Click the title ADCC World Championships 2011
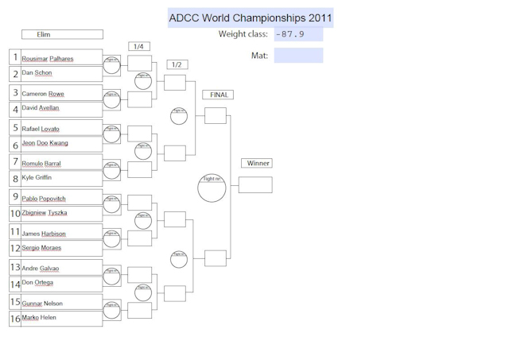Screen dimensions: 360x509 (x=250, y=18)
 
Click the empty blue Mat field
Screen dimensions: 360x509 (x=298, y=56)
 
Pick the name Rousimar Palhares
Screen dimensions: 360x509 (x=47, y=59)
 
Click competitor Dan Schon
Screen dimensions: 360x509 (x=37, y=72)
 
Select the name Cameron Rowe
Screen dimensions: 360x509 (x=43, y=94)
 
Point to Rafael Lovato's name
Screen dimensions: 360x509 (x=41, y=129)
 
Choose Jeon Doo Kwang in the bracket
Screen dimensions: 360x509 (x=45, y=143)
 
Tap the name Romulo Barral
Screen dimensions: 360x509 (x=41, y=164)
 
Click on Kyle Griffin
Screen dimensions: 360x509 (x=37, y=177)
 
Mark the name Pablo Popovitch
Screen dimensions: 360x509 (x=45, y=199)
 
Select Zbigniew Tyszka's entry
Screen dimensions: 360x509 (x=45, y=213)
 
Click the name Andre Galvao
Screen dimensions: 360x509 (x=40, y=269)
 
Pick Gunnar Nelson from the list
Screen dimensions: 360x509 (x=42, y=304)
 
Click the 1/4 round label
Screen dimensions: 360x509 (x=139, y=47)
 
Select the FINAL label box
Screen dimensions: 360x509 (x=219, y=95)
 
